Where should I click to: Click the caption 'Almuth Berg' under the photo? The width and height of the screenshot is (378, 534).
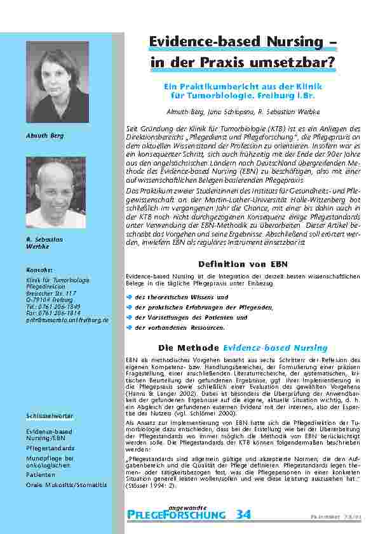(x=40, y=135)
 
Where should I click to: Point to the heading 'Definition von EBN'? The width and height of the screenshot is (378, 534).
(x=243, y=263)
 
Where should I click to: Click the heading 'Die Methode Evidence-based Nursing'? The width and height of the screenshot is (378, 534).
(x=243, y=348)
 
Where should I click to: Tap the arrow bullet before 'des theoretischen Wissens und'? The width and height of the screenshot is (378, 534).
(x=130, y=297)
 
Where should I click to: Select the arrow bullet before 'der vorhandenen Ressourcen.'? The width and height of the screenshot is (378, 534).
(x=130, y=328)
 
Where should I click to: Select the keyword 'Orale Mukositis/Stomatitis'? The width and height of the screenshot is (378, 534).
(x=67, y=485)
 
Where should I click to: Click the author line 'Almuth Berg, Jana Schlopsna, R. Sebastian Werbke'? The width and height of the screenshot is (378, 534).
(x=243, y=110)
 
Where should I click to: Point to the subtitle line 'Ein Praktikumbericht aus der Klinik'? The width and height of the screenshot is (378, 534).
(x=243, y=86)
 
